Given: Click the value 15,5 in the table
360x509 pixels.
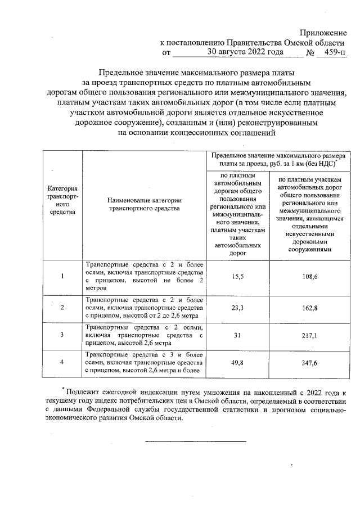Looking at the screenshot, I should tap(237, 276).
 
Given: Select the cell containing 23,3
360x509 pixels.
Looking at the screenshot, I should tap(237, 308).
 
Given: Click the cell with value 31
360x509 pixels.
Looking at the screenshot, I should tap(237, 335).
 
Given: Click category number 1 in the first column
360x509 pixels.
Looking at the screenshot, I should tap(62, 276).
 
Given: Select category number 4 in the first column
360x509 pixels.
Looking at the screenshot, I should tap(62, 363).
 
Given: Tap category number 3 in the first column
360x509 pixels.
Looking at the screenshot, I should tap(62, 335).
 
